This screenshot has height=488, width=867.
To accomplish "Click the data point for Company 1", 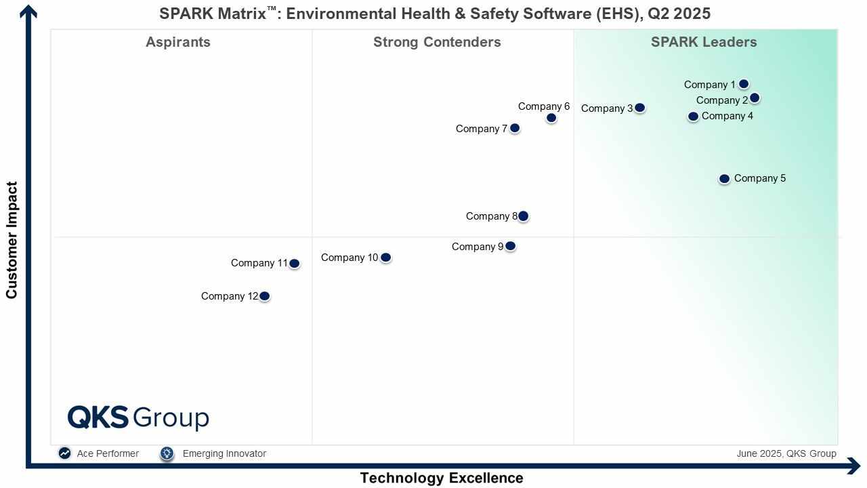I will [x=744, y=84].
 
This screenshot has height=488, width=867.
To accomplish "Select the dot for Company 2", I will [x=755, y=98].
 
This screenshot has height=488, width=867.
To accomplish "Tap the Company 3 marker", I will [x=639, y=108].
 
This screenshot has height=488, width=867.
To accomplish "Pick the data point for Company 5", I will [x=724, y=179].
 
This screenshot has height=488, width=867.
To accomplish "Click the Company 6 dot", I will [x=551, y=118].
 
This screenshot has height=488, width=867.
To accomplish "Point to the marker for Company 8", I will [x=523, y=216].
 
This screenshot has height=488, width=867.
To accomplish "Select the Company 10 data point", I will [x=385, y=258].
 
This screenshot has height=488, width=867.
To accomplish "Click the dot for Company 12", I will [x=265, y=296].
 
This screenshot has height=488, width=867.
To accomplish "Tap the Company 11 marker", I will [x=294, y=264].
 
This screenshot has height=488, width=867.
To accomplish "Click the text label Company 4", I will [x=727, y=116].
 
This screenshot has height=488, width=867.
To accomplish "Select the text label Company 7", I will [x=481, y=129].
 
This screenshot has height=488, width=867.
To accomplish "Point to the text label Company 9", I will [x=478, y=247].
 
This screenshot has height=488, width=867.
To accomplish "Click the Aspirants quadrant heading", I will [x=178, y=42].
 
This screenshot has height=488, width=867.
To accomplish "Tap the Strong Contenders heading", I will [x=437, y=42].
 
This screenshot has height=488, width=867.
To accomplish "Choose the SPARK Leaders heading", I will [x=704, y=42].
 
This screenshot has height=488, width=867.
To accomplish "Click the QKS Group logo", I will [x=138, y=418].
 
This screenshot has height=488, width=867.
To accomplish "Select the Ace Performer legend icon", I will [x=64, y=453].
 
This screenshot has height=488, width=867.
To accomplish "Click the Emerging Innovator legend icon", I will [x=167, y=453].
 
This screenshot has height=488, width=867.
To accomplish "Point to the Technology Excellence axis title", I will [x=441, y=478].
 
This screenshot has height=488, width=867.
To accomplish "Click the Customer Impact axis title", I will [x=12, y=240].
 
